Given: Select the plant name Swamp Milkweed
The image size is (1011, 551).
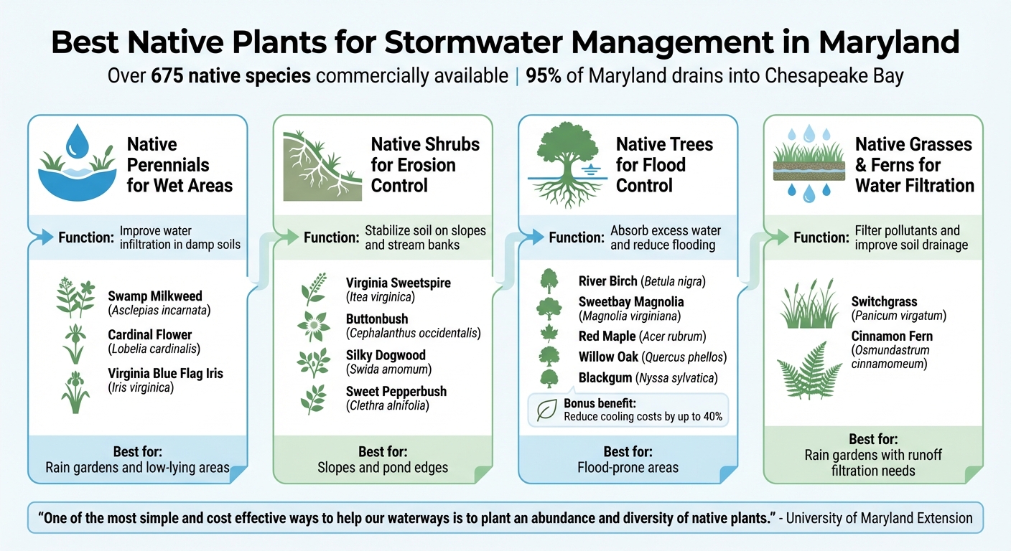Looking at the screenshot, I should point(155,296).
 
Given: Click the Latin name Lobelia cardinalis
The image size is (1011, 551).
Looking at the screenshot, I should point(154,349).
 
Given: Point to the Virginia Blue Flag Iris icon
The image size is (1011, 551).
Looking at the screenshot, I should point(75,392).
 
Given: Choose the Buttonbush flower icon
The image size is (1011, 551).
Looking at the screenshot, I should point(314,326).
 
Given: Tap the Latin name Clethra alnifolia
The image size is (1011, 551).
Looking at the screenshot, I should point(387,405).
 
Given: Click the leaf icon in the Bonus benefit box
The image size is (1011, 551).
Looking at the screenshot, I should point(547,410).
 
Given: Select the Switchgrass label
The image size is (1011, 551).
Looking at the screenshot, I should point(884,301).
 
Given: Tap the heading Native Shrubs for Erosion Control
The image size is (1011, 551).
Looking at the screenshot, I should point(424,165).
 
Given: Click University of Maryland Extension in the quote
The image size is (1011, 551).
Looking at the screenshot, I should point(880,517).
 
